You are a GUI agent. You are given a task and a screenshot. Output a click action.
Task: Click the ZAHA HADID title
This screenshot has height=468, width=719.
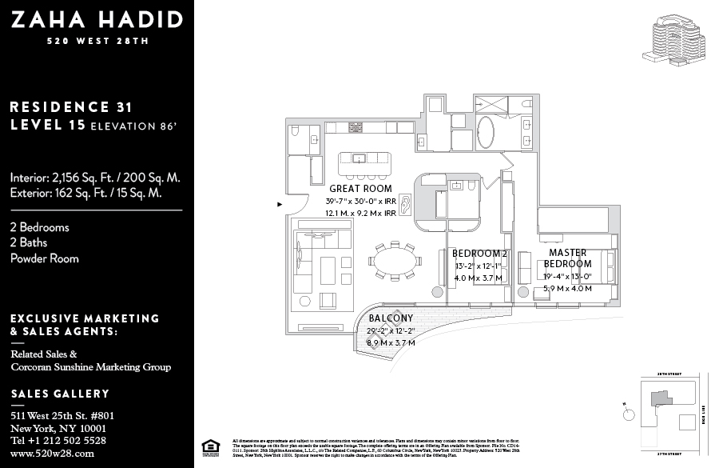point(96,20)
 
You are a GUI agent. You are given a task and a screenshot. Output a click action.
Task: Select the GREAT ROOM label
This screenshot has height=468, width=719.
point(360,189)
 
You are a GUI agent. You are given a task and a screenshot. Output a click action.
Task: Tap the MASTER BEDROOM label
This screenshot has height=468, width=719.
point(568,258)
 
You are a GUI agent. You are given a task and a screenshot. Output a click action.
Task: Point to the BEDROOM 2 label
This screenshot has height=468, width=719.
point(479,254)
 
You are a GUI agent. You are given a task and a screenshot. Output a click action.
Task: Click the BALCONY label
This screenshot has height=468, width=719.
point(391,318)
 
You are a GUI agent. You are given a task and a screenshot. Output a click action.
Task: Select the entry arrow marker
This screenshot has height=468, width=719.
point(280,204)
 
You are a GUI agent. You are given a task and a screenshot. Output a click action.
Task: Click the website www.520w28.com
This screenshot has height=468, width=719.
point(53,453)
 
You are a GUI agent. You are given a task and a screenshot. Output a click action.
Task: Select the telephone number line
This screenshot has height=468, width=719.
point(58,440)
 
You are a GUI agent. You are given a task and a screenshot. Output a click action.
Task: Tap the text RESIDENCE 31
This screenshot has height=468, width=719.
point(71,106)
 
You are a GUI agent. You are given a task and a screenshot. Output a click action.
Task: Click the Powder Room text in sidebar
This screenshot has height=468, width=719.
point(45,258)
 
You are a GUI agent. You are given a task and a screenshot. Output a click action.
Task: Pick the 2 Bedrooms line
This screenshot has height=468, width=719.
point(40,227)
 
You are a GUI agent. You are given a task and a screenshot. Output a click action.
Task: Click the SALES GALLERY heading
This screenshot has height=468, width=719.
point(60,394)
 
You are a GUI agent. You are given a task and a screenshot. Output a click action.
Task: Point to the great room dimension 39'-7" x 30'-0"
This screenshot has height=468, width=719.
point(360,201)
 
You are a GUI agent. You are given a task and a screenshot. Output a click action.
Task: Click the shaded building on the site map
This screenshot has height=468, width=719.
point(661,398)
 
